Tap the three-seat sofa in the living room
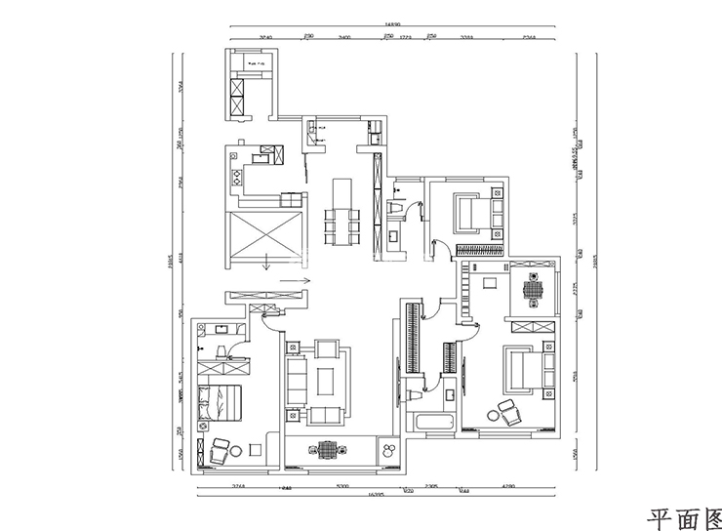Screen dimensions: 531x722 [x=297, y=379]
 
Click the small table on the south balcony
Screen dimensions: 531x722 [x=327, y=449]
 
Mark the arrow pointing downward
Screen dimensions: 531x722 [x=265, y=262]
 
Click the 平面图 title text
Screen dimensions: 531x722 [x=683, y=513]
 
